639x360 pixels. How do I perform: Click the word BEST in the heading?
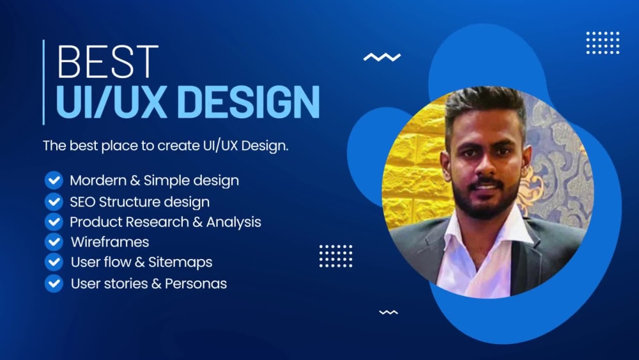pos(107,63)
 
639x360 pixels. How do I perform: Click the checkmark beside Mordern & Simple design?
pos(54,180)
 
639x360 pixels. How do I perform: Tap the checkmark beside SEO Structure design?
pos(54,201)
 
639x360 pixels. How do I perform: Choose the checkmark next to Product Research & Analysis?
pos(54,222)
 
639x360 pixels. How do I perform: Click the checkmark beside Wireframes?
pos(54,242)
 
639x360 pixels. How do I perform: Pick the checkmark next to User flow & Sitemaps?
pos(54,262)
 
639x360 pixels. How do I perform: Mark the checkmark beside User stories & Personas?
pos(54,283)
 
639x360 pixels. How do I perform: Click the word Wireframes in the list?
pos(110,242)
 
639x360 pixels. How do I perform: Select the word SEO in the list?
pos(83,201)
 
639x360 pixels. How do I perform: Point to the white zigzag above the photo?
pos(381,58)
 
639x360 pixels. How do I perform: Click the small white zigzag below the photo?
pos(389,312)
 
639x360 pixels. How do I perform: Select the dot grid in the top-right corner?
pos(603,42)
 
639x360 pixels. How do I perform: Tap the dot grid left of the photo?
pos(335,256)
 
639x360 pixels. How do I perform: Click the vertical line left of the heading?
pos(43,82)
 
